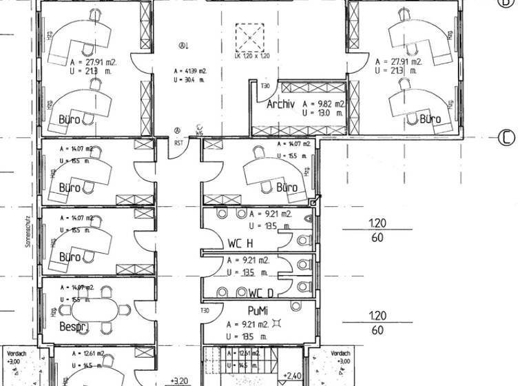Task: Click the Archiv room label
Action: tap(280, 105)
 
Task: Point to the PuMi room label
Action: tap(257, 312)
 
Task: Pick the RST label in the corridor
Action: tap(178, 143)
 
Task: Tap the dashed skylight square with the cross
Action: tap(250, 35)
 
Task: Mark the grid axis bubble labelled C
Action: tap(506, 137)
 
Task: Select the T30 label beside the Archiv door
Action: tap(265, 86)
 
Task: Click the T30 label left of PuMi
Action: tap(205, 311)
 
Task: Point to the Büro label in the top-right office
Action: tap(431, 119)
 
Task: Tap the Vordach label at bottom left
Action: tap(14, 354)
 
